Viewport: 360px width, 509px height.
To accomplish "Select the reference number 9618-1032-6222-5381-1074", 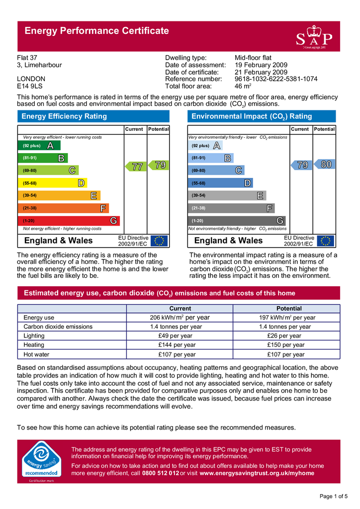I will click(x=275, y=79).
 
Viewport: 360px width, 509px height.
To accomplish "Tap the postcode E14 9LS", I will click(x=31, y=86).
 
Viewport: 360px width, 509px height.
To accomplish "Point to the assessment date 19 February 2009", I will click(x=261, y=65).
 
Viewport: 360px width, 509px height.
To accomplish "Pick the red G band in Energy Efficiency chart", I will click(x=70, y=220).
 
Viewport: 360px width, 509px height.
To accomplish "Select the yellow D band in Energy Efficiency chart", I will click(x=53, y=183).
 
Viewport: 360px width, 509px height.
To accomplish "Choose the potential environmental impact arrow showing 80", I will click(x=325, y=165).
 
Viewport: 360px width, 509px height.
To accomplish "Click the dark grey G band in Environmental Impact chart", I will click(x=237, y=220).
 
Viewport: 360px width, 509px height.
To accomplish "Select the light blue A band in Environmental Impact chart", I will click(x=206, y=146).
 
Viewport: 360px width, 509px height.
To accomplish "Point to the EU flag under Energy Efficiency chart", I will click(x=160, y=241).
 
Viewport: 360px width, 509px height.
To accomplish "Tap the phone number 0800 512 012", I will click(x=160, y=473).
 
